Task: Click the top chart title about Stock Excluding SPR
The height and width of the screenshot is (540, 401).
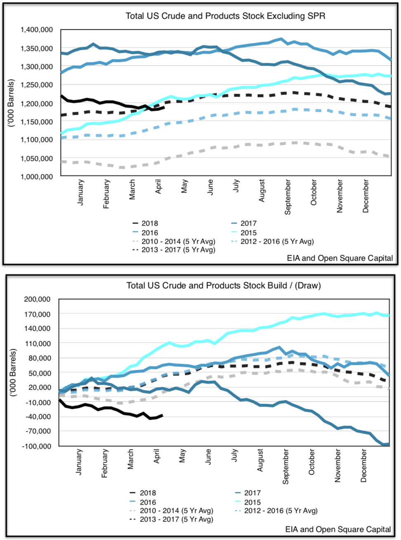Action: coord(225,16)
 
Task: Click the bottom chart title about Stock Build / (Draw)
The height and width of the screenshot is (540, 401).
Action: coord(223,285)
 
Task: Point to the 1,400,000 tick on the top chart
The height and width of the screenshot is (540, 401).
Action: coord(37,30)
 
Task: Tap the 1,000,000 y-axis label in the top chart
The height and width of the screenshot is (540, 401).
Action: coord(37,176)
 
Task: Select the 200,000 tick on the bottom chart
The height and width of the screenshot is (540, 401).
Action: coord(37,299)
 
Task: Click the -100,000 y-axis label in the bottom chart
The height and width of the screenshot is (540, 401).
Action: coord(37,446)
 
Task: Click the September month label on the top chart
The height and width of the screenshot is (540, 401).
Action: coord(288,197)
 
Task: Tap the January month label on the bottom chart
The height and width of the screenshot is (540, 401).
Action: coord(79,462)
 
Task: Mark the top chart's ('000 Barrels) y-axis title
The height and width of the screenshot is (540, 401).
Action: coord(11,103)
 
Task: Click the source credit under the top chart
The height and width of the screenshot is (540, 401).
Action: coord(340,258)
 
